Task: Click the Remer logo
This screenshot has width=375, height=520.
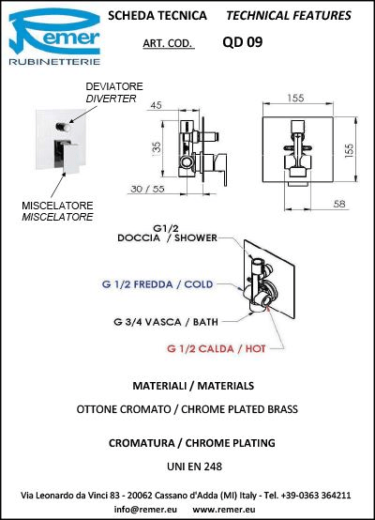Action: point(54,37)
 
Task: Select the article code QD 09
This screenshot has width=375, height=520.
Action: point(243,42)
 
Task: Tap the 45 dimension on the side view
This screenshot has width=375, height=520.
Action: point(156,105)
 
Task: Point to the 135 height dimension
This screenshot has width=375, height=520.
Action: point(157,147)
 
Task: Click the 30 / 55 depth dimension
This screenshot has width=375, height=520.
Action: point(147,189)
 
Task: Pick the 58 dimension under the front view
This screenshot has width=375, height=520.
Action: point(339,204)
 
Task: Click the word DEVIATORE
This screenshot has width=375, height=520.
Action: point(114,86)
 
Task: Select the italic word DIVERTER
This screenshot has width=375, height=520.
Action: point(111,99)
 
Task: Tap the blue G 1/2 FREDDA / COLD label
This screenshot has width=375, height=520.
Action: point(157,284)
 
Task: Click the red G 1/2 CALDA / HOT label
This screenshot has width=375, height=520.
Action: point(216,348)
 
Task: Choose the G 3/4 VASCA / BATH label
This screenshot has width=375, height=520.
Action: point(166,322)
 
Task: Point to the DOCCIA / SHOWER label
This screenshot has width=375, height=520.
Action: point(167,237)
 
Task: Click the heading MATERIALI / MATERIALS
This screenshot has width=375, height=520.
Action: point(193,386)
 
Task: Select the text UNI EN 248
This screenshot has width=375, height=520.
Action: point(194,466)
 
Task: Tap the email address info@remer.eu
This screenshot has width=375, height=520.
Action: point(145,509)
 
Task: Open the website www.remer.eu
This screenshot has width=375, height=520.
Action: point(224,509)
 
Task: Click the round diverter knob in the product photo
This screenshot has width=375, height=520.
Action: point(63,127)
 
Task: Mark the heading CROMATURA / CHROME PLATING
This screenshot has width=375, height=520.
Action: point(192,443)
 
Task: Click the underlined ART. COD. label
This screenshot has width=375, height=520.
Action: point(168,43)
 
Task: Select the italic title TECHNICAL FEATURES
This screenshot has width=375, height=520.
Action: point(289,16)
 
